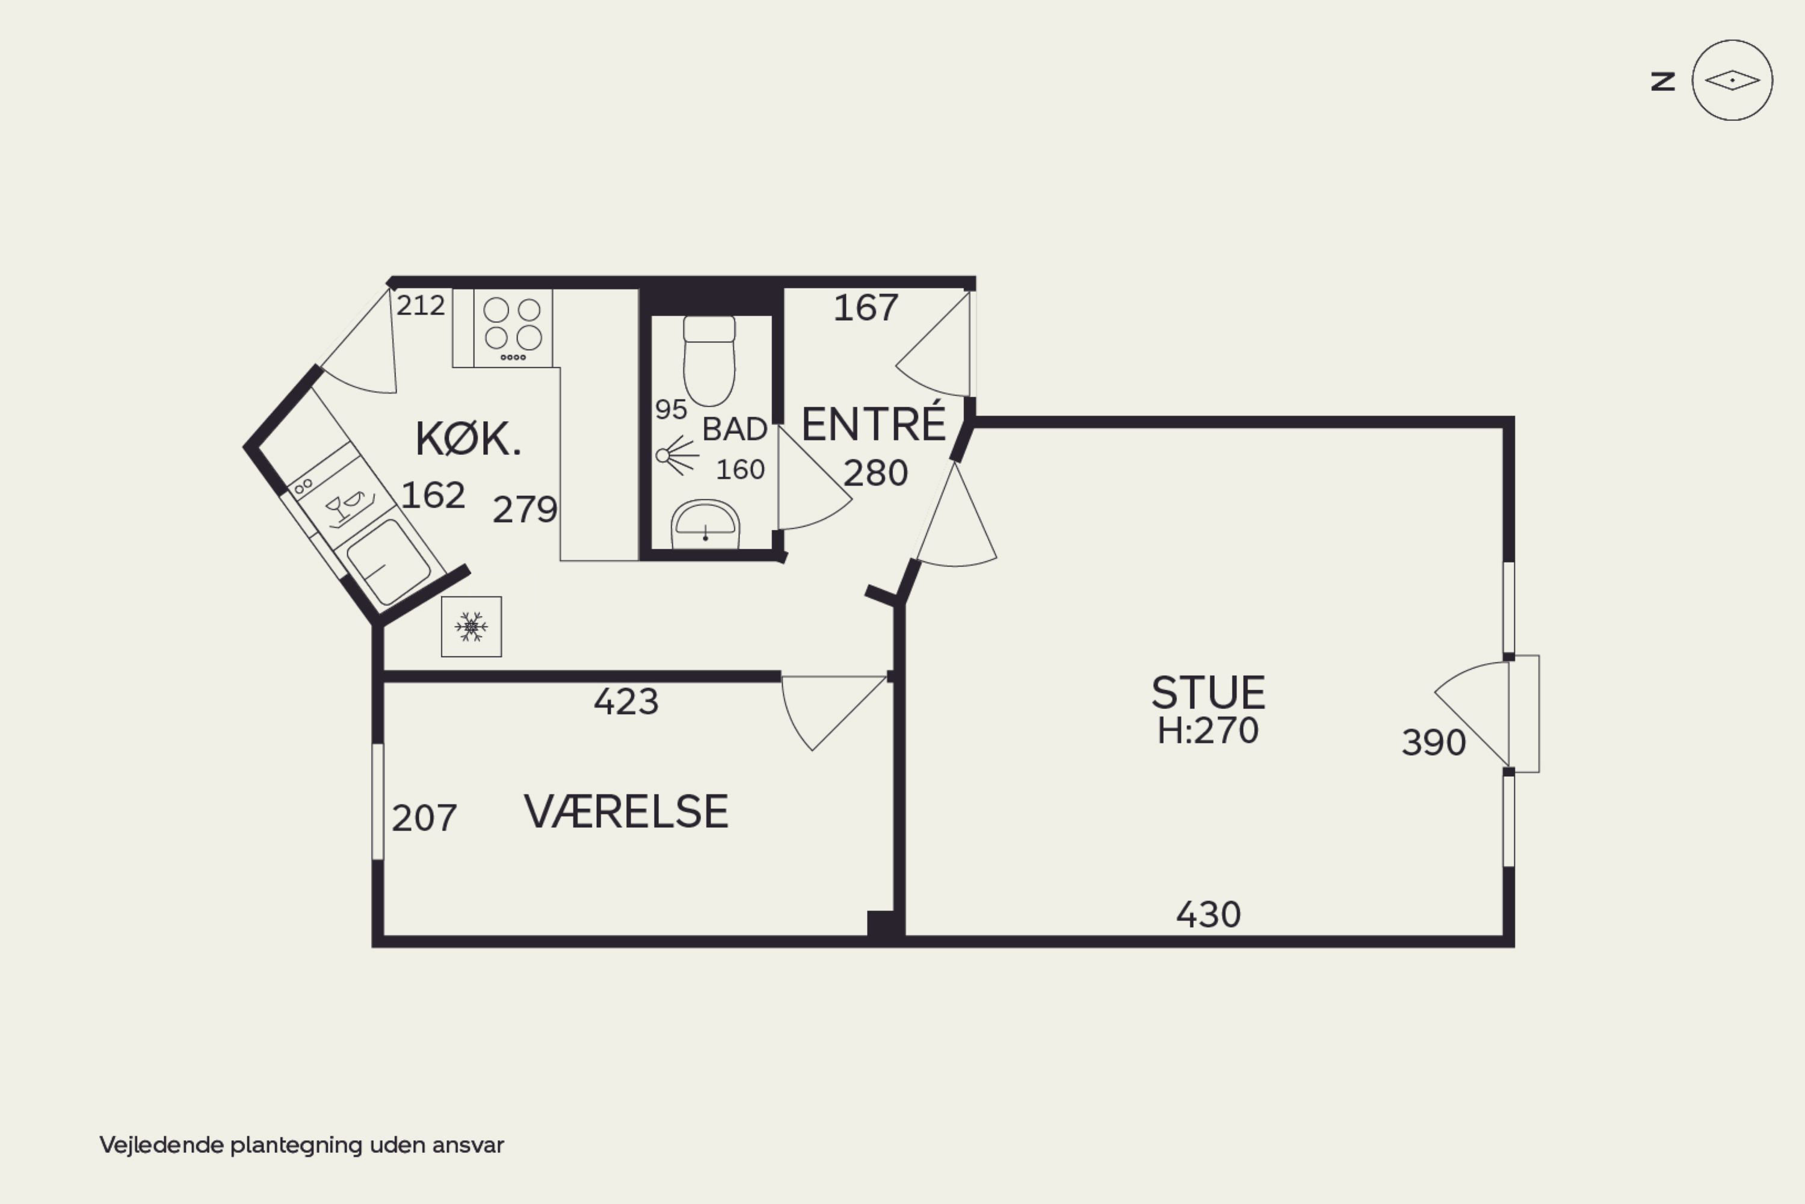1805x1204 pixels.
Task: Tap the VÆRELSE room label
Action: tap(626, 812)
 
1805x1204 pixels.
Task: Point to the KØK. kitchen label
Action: tap(468, 439)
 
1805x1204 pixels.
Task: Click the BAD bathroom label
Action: tap(735, 429)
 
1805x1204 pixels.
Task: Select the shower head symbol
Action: tap(676, 455)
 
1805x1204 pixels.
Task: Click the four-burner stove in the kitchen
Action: tap(513, 328)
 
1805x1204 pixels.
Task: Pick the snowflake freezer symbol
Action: tap(471, 626)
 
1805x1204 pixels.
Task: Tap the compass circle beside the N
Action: tap(1732, 80)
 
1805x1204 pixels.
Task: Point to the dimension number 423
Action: tap(626, 702)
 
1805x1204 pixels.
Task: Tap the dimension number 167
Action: tap(866, 308)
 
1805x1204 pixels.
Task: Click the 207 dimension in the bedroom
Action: tap(425, 818)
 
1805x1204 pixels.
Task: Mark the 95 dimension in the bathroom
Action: tap(671, 410)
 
